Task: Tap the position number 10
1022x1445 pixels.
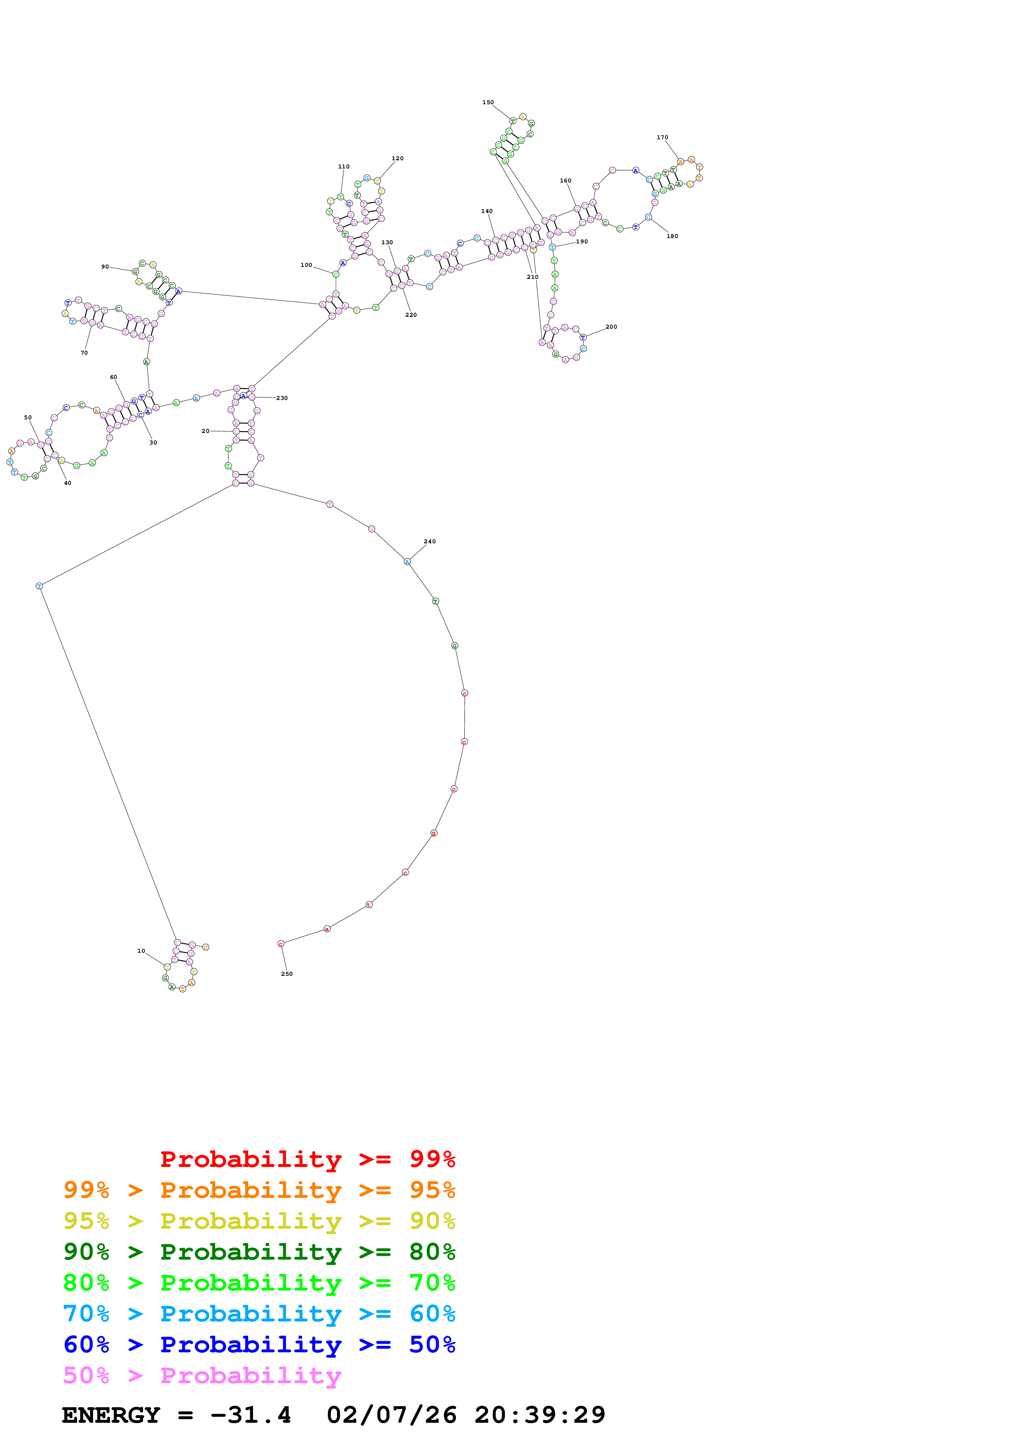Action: click(x=141, y=951)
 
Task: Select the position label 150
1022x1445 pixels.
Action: click(x=488, y=102)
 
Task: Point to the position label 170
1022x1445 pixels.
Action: click(x=663, y=137)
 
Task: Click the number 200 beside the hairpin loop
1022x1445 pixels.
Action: click(x=611, y=327)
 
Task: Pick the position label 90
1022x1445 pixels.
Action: click(x=105, y=267)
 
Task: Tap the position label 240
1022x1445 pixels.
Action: click(x=430, y=541)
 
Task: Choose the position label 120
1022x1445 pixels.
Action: click(x=397, y=159)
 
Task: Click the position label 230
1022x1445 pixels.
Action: click(x=282, y=398)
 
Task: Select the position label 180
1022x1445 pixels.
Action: click(x=672, y=236)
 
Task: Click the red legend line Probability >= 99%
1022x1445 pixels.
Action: click(x=307, y=1159)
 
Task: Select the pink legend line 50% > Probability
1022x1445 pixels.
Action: click(x=202, y=1376)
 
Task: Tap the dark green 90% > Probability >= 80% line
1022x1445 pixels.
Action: click(x=259, y=1252)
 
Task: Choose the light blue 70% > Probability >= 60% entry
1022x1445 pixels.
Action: click(x=259, y=1314)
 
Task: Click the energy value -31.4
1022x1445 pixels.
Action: click(x=251, y=1415)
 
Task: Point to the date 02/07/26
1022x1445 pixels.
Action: click(x=391, y=1415)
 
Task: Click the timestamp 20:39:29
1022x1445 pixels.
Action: click(x=540, y=1415)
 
